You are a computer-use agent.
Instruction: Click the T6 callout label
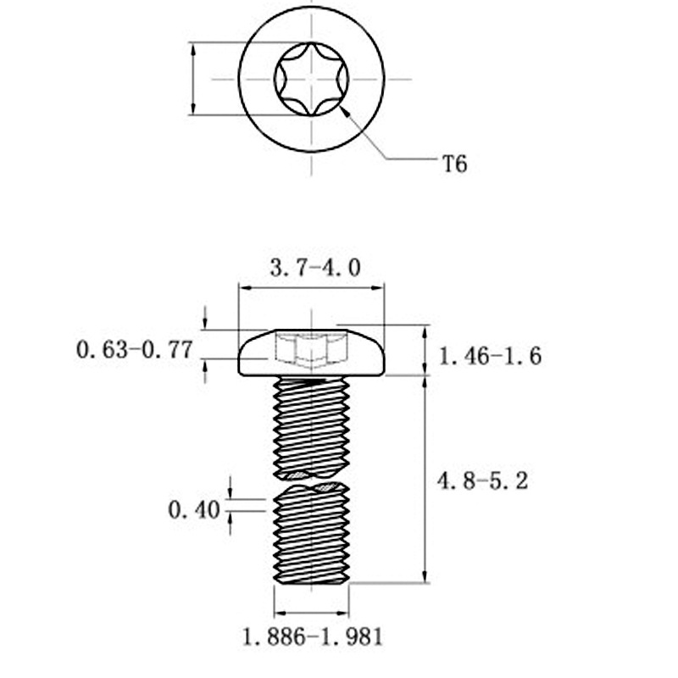[455, 163]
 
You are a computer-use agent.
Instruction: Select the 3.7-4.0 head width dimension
[315, 269]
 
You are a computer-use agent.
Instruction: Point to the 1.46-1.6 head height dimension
[490, 356]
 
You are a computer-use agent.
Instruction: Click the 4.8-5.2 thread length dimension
[483, 481]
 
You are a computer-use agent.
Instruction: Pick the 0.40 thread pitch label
[194, 510]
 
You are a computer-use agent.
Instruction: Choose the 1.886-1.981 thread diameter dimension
[313, 636]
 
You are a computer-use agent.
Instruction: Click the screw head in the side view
[312, 353]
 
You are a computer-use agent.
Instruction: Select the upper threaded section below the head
[312, 424]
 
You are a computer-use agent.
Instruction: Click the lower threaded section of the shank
[312, 534]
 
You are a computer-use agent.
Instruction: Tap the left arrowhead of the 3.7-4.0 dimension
[242, 288]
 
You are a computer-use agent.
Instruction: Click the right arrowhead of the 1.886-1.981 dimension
[347, 612]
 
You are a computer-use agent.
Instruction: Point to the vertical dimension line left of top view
[194, 79]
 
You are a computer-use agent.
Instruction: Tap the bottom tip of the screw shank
[312, 584]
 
